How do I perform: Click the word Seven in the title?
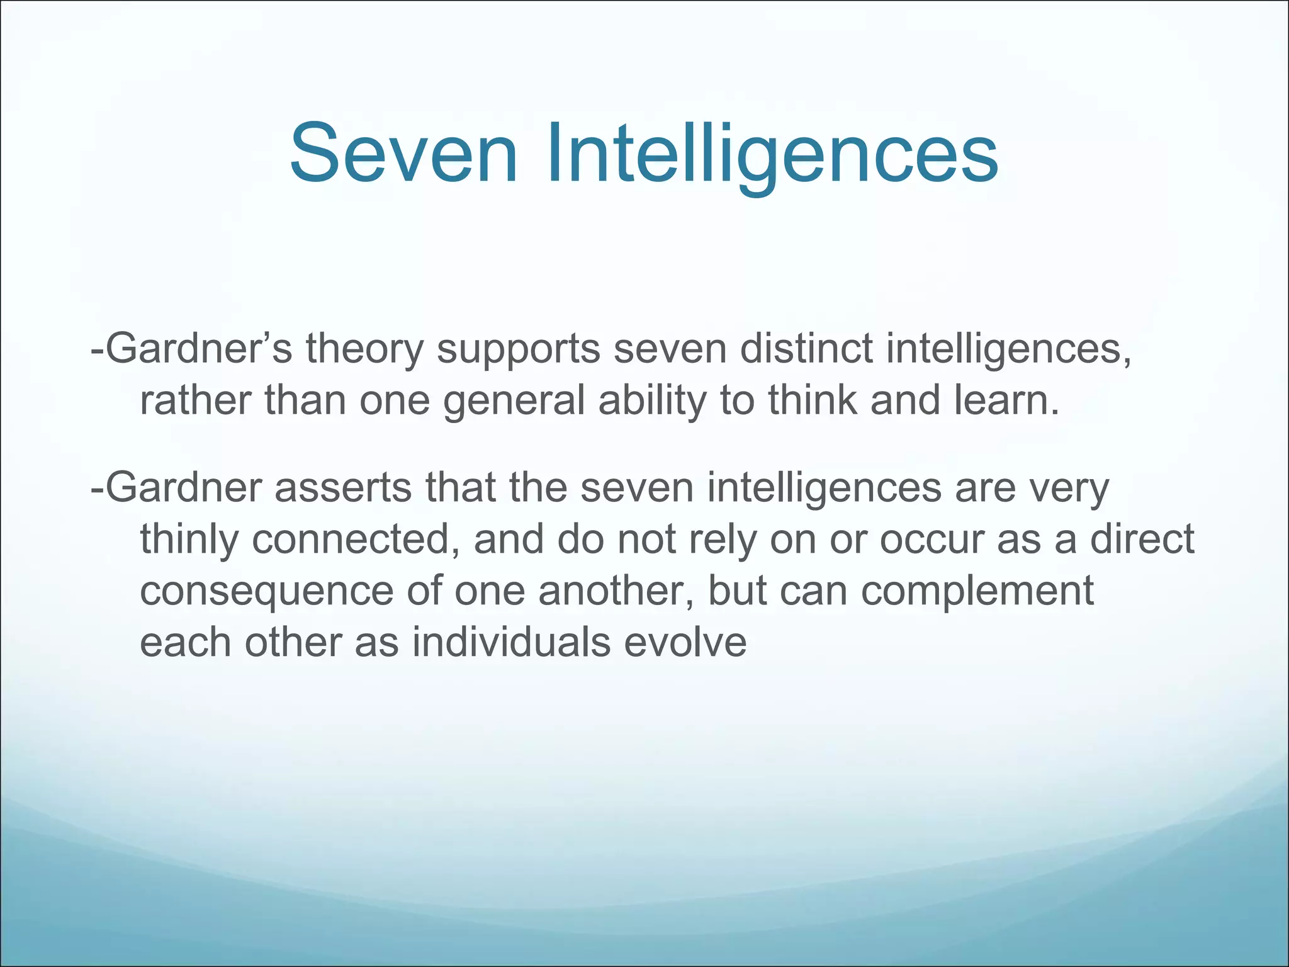coord(403,154)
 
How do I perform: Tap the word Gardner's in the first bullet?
coord(192,348)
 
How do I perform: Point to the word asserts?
coord(343,488)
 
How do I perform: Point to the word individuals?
coord(512,643)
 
